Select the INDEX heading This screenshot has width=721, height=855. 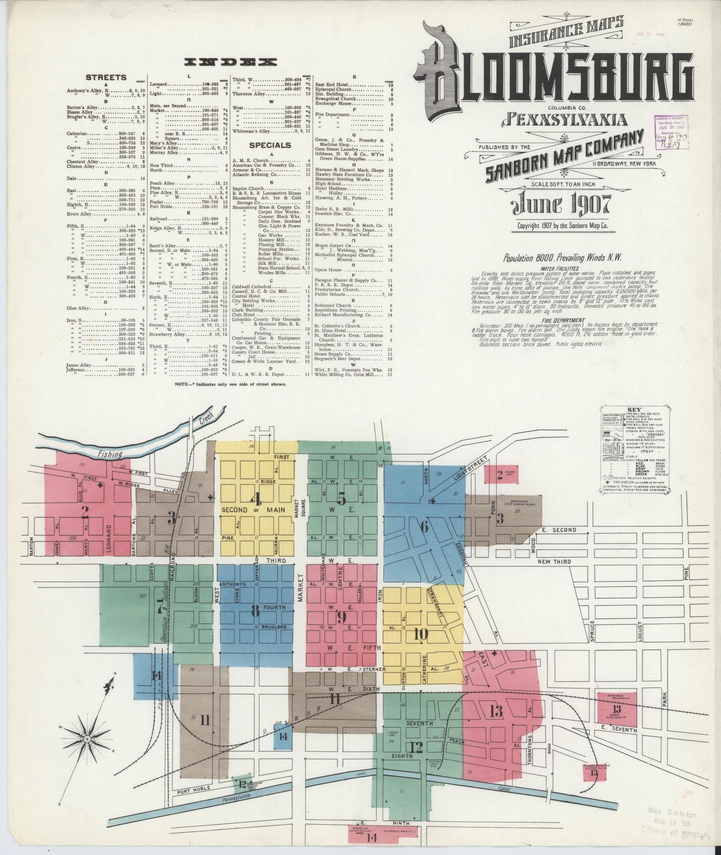[230, 62]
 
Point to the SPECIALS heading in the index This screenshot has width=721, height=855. [270, 145]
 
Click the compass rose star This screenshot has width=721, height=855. [87, 738]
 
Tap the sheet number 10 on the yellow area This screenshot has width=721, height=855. [421, 634]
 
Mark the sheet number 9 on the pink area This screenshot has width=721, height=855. [341, 618]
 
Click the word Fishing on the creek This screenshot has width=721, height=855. [110, 454]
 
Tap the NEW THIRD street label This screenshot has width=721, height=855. [554, 562]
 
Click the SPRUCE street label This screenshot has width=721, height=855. [592, 630]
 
